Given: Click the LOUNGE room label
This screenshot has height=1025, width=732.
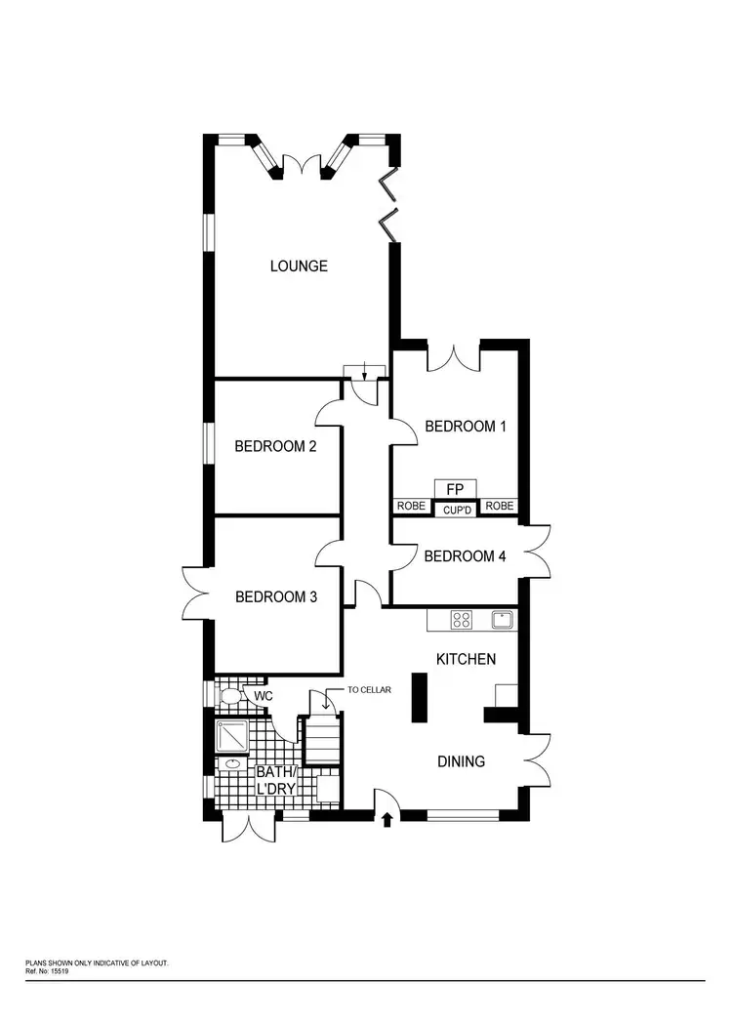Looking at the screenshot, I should tap(299, 266).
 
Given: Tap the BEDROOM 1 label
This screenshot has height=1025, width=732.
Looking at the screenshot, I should tap(465, 427).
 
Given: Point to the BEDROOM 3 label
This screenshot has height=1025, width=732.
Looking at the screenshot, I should tap(276, 596).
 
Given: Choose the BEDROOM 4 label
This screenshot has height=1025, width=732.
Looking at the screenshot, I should tap(465, 556).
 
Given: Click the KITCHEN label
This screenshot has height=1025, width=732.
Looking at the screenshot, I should tap(466, 659).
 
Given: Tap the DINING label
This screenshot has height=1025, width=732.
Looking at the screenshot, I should tap(461, 760).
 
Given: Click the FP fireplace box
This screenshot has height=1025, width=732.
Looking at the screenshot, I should tap(455, 488).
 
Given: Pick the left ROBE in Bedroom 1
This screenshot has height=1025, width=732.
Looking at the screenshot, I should tap(410, 506).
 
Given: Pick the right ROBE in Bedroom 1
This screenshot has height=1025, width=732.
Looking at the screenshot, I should tap(500, 506).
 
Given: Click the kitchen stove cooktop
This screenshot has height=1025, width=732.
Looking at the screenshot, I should tap(461, 619).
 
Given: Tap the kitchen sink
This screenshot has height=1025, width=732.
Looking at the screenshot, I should tap(503, 619).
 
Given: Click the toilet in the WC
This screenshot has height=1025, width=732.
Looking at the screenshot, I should tap(230, 697).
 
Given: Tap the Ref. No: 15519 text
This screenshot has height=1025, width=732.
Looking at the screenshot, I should tap(50, 970).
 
